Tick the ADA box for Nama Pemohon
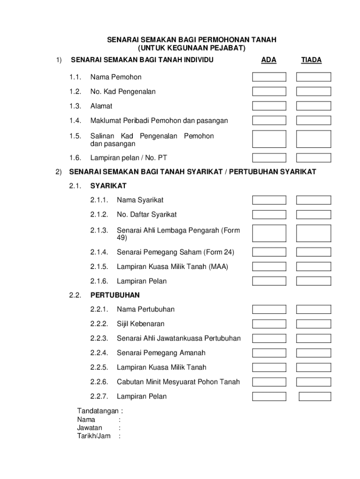tap(269, 77)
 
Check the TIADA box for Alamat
tap(313, 106)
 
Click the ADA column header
tap(268, 60)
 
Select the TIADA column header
tap(311, 60)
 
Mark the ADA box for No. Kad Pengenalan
tap(269, 92)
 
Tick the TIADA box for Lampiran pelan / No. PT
tap(313, 158)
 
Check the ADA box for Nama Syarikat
tap(269, 200)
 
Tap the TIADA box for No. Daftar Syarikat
tap(313, 215)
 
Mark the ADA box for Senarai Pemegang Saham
tap(269, 253)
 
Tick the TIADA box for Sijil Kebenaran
tap(313, 324)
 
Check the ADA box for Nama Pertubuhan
tap(269, 309)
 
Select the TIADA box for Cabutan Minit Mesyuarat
tap(313, 382)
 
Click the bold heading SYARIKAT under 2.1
tap(108, 186)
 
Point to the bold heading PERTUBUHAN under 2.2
tap(115, 295)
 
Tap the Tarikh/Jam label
tap(94, 436)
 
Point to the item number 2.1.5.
tap(100, 267)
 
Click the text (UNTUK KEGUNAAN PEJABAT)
tap(192, 48)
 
